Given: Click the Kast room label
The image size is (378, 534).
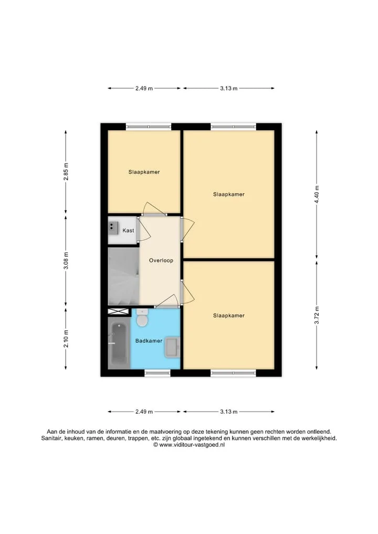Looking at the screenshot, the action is tap(128, 231).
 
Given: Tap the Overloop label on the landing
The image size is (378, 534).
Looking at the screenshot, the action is tap(161, 260).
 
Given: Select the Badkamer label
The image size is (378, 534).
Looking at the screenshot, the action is tap(149, 341).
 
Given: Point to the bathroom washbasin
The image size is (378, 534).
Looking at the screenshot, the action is tap(172, 347).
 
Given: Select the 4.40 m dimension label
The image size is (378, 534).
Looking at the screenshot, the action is tap(317, 194).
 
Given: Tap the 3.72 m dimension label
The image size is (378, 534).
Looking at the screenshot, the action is tap(317, 316).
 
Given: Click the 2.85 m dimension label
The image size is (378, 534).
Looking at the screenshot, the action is tap(66, 172).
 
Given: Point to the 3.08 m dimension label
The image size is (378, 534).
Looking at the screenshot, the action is tap(66, 260).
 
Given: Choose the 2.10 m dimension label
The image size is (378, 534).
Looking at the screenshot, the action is tap(66, 339).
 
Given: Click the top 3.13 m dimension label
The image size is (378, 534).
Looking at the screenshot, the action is tap(228, 89).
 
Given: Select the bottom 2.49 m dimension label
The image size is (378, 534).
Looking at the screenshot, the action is tap(144, 412).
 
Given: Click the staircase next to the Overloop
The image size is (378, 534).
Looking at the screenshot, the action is tap(123, 276).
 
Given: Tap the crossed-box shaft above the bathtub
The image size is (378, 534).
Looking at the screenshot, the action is tap(118, 311).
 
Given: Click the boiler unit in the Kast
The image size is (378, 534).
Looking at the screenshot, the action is tap(113, 228).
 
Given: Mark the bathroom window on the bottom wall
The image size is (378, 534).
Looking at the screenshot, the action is tap(157, 373).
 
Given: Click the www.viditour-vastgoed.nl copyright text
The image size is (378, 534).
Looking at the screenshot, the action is tap(189, 445).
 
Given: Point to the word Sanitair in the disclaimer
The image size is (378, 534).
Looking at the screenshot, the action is tap(51, 438).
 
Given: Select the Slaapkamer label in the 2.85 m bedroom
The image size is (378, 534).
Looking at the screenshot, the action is tap(144, 172).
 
